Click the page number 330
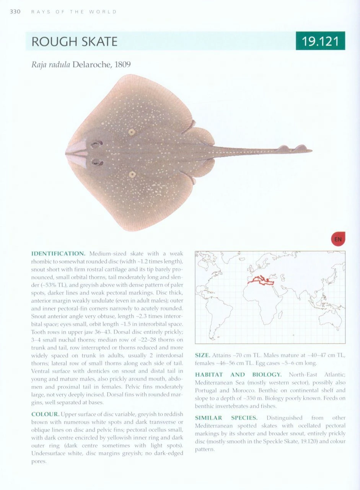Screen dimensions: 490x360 (15, 11)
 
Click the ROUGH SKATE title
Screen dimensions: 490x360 (74, 41)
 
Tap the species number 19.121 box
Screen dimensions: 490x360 (320, 41)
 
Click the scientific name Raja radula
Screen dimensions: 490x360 (50, 64)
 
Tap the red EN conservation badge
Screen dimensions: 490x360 (338, 239)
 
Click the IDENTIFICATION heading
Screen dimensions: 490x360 (58, 253)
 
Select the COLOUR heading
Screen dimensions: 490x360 (45, 414)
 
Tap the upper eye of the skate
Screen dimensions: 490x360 (96, 144)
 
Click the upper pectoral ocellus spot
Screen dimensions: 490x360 (132, 132)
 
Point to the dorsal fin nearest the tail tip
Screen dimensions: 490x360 (301, 148)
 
